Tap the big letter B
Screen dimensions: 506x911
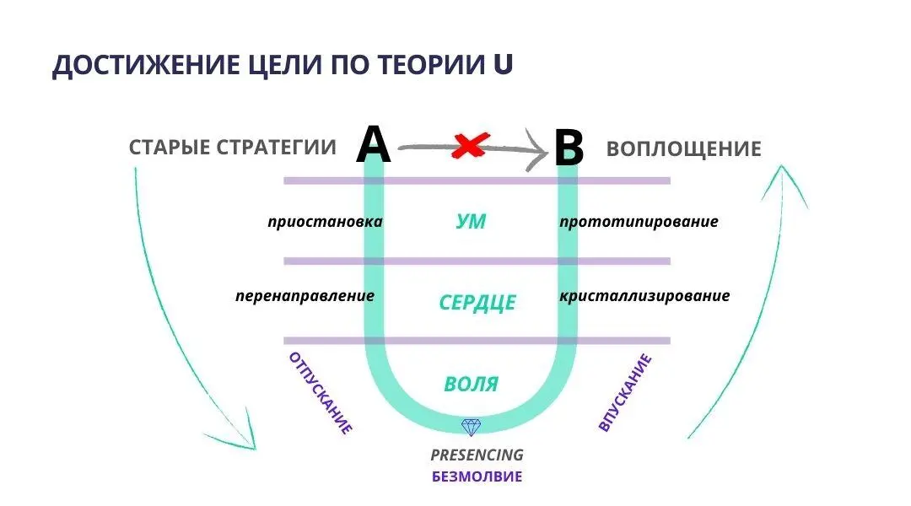pyautogui.click(x=569, y=150)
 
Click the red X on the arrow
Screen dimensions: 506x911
pyautogui.click(x=469, y=146)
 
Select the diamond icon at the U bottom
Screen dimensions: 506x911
pyautogui.click(x=470, y=428)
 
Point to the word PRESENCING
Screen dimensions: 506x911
pyautogui.click(x=477, y=455)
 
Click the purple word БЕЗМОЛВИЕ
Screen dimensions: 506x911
pyautogui.click(x=477, y=476)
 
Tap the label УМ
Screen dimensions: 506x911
pyautogui.click(x=471, y=222)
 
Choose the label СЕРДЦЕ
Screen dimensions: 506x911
pyautogui.click(x=477, y=303)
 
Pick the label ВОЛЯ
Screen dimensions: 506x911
pyautogui.click(x=471, y=385)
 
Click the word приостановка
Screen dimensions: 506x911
pyautogui.click(x=325, y=223)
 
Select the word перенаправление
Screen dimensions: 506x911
pyautogui.click(x=305, y=297)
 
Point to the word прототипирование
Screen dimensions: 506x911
pyautogui.click(x=639, y=223)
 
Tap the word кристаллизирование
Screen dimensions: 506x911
pyautogui.click(x=644, y=297)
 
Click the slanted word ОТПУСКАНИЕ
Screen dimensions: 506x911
pyautogui.click(x=321, y=393)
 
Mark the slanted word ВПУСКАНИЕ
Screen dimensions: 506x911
pyautogui.click(x=625, y=393)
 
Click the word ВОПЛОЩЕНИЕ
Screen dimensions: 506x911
pyautogui.click(x=683, y=149)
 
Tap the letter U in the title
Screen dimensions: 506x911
pyautogui.click(x=503, y=65)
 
